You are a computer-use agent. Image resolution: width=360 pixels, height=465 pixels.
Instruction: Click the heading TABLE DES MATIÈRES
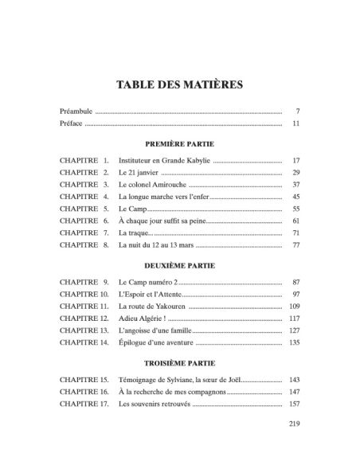click(180, 84)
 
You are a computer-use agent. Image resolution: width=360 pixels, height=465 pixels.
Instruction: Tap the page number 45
click(295, 196)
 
